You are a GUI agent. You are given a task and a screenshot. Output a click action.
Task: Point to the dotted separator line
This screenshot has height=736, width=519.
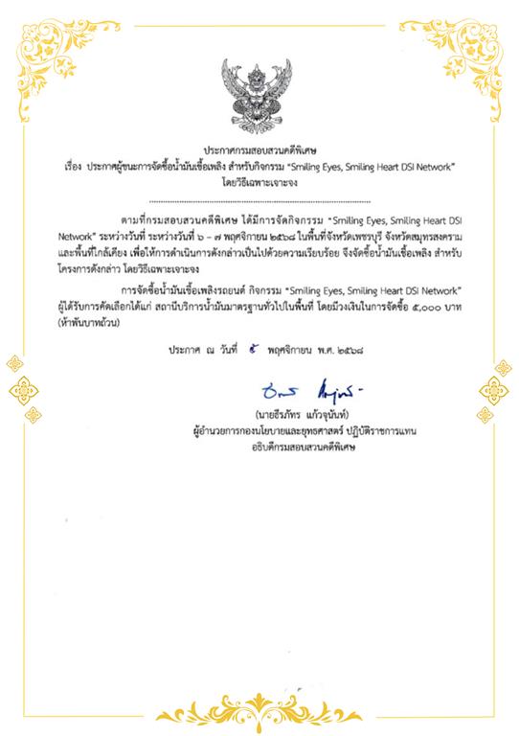[x=259, y=203]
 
